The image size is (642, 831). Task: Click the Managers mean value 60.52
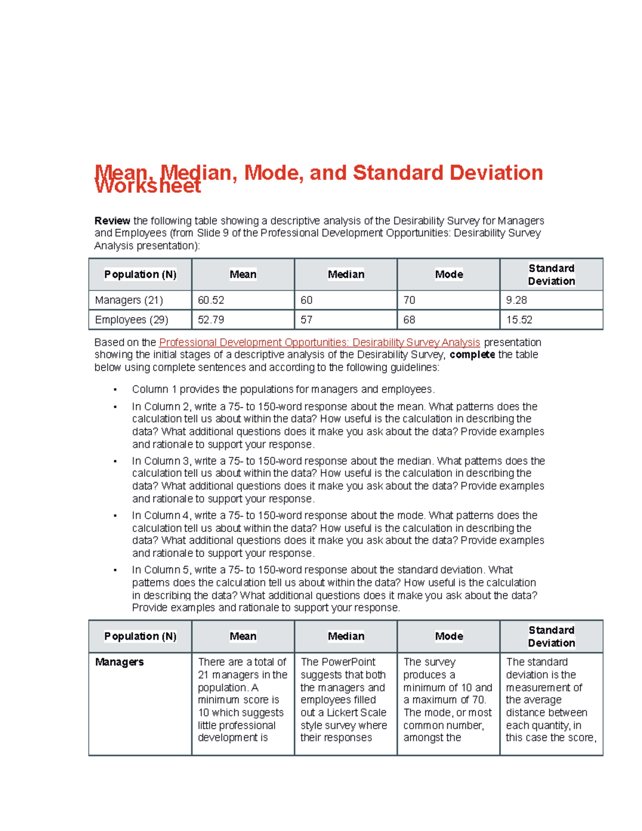pyautogui.click(x=211, y=300)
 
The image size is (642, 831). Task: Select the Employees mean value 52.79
pyautogui.click(x=211, y=320)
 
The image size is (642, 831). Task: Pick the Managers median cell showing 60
pyautogui.click(x=307, y=300)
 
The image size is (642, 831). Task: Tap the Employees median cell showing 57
pyautogui.click(x=307, y=320)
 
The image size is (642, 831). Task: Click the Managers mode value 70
pyautogui.click(x=409, y=300)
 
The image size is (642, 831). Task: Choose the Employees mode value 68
pyautogui.click(x=409, y=320)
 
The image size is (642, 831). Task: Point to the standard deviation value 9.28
pyautogui.click(x=516, y=300)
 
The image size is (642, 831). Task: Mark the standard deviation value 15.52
pyautogui.click(x=519, y=320)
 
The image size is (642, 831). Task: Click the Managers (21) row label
pyautogui.click(x=129, y=300)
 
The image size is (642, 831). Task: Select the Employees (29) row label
pyautogui.click(x=132, y=320)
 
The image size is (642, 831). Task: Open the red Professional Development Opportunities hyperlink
pyautogui.click(x=319, y=342)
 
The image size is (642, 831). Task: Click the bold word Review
pyautogui.click(x=112, y=221)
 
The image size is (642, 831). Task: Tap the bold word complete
pyautogui.click(x=472, y=355)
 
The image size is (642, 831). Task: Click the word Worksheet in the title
pyautogui.click(x=148, y=186)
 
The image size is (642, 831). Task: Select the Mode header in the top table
pyautogui.click(x=449, y=275)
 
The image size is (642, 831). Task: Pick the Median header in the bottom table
pyautogui.click(x=346, y=636)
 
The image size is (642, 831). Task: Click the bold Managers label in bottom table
pyautogui.click(x=119, y=662)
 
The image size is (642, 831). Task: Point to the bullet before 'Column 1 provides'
pyautogui.click(x=115, y=390)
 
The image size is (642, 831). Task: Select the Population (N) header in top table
pyautogui.click(x=140, y=275)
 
